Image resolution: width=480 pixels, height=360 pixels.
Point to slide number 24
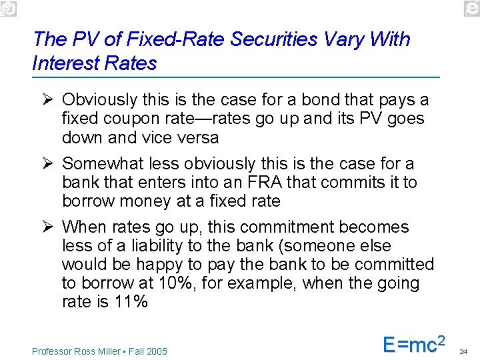coord(465,351)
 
